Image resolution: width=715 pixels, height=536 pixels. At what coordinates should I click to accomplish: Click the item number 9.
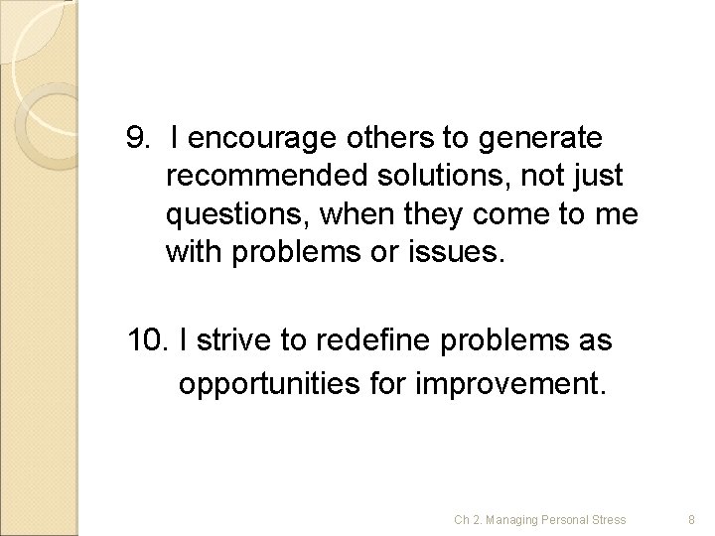pos(138,134)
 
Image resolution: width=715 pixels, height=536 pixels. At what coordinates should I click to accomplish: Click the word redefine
pos(364,340)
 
